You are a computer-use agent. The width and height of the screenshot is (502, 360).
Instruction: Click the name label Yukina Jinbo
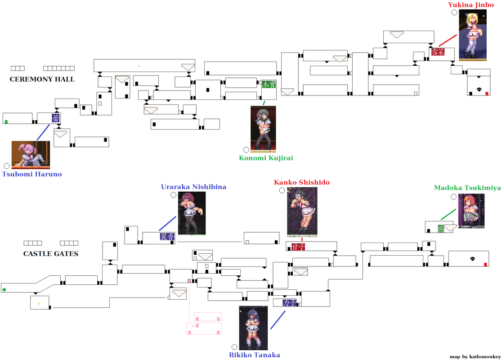[x=471, y=5]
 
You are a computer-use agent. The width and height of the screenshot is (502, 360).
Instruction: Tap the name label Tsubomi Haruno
[x=32, y=174]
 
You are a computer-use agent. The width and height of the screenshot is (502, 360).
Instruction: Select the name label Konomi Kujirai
[x=266, y=158]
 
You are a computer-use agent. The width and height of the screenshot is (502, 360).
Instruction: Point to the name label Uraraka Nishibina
[x=193, y=187]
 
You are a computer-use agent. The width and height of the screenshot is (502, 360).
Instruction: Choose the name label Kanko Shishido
[x=302, y=182]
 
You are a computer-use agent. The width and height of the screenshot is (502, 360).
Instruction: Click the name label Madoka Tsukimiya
[x=467, y=188]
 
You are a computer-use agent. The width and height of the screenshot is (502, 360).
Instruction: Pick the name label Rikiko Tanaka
[x=255, y=355]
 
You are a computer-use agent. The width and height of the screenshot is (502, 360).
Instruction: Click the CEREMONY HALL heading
[x=42, y=79]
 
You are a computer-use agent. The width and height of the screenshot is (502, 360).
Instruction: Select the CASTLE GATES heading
[x=51, y=254]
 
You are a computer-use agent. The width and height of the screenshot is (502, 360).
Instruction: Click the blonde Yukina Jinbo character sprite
[x=472, y=35]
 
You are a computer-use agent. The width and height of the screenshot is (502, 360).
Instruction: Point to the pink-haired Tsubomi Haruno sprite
[x=31, y=154]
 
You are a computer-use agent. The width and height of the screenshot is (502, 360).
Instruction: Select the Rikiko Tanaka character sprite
[x=253, y=328]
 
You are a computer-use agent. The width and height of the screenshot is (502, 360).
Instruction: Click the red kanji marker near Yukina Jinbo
[x=437, y=52]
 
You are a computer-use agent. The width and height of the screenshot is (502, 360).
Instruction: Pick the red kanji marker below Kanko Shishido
[x=298, y=247]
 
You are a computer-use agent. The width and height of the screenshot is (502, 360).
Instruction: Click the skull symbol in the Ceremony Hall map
[x=479, y=90]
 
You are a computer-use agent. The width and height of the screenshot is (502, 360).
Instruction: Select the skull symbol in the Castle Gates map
[x=472, y=259]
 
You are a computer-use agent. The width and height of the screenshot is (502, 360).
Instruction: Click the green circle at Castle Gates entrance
[x=4, y=289]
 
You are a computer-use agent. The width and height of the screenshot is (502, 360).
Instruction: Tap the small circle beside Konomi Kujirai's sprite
[x=246, y=150]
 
